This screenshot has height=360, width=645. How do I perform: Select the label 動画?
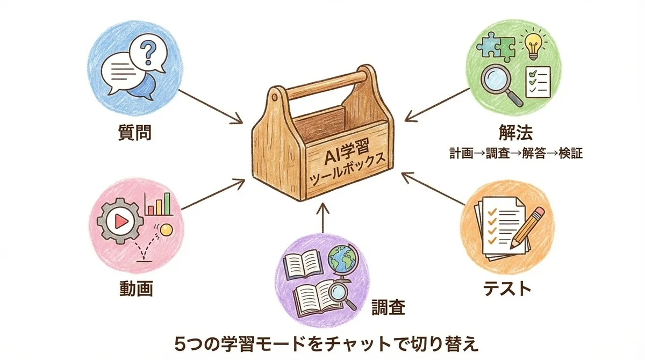click(135, 289)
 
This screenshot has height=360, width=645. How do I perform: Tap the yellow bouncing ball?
click(166, 230)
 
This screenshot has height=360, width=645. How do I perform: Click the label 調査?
click(388, 307)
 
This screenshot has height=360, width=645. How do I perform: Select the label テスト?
click(505, 288)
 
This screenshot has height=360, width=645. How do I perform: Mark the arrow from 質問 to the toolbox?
click(210, 106)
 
